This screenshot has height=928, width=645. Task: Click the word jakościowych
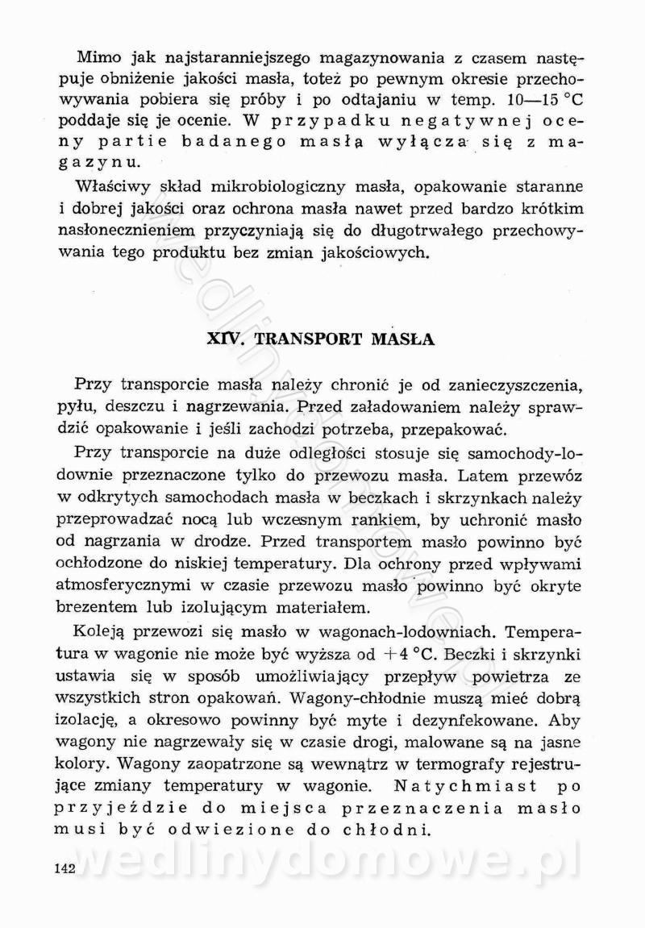(357, 253)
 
